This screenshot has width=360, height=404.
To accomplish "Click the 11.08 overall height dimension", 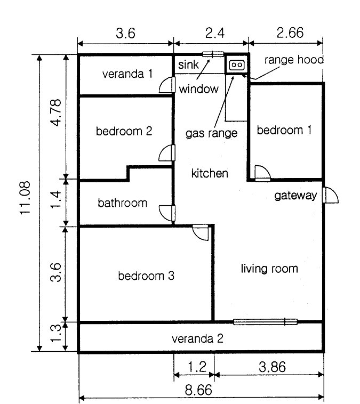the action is [x=25, y=198].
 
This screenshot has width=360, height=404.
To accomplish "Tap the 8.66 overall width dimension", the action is [x=198, y=390].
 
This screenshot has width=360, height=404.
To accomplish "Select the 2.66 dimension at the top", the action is [x=290, y=33].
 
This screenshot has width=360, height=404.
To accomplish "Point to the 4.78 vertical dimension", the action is [x=56, y=112].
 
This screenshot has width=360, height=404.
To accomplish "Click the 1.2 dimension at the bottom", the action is [x=197, y=367].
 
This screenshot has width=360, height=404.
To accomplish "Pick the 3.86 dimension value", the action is [x=273, y=367].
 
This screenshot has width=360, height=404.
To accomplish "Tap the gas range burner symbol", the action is [x=236, y=64].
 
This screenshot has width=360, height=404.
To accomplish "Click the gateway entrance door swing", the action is [x=330, y=195].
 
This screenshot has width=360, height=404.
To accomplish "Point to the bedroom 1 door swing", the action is [x=262, y=173].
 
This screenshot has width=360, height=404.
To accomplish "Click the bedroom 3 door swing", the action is [x=201, y=232].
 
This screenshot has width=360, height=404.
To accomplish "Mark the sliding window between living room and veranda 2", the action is [x=266, y=321].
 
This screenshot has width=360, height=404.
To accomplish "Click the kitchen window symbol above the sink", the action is [x=213, y=54].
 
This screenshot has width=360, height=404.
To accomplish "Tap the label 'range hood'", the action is [x=294, y=60].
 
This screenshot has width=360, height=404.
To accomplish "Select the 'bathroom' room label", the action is [x=123, y=203].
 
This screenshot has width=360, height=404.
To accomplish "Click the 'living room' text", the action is [x=269, y=269].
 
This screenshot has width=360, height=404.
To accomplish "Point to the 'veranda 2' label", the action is [x=197, y=338].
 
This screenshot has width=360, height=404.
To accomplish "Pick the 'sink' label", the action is [x=188, y=64].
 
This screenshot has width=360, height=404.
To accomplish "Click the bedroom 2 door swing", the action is [x=167, y=153].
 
